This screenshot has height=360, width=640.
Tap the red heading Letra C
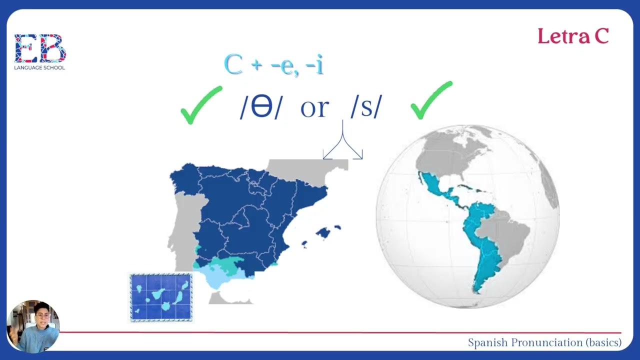(x=573, y=36)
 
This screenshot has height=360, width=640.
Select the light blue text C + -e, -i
(x=273, y=65)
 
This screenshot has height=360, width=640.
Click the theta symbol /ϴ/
(x=261, y=106)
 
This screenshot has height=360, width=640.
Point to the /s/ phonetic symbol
(x=366, y=106)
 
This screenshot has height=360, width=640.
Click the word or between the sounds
(x=314, y=107)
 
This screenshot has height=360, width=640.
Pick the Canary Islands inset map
(x=161, y=297)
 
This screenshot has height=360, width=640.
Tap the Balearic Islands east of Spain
(x=324, y=232)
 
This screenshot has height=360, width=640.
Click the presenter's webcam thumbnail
(x=33, y=326)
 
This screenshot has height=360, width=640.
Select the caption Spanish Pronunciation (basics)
(x=544, y=342)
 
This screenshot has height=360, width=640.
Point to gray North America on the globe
(x=450, y=150)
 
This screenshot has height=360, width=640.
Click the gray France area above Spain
(x=305, y=167)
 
